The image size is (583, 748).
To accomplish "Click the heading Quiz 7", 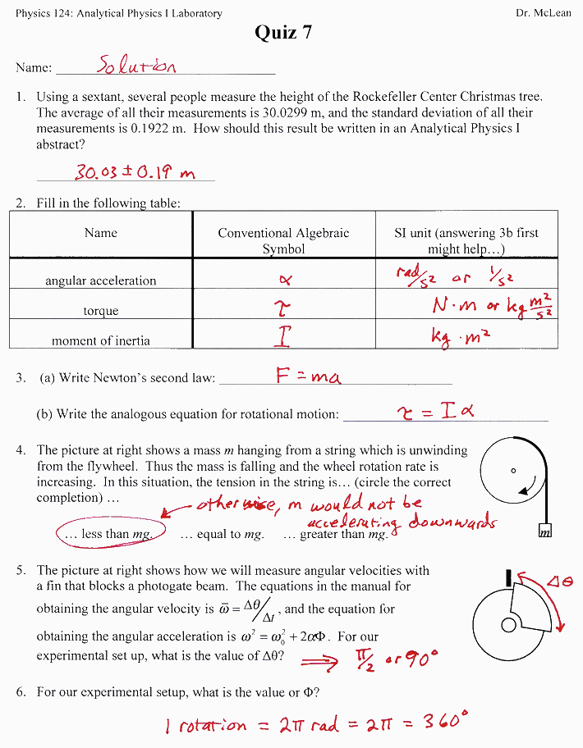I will [283, 32].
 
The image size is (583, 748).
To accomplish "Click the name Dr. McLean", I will [542, 13].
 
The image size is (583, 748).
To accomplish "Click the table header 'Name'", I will [100, 233].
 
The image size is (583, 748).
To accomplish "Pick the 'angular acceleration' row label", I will [100, 280].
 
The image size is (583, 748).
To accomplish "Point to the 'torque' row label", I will [100, 311].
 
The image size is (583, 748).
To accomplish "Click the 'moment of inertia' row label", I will [100, 340].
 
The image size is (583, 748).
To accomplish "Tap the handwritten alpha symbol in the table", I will [285, 279].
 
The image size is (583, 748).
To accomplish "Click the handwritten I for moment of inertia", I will [285, 335].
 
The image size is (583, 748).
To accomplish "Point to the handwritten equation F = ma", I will [308, 376].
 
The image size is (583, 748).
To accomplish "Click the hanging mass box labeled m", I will [544, 532].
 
